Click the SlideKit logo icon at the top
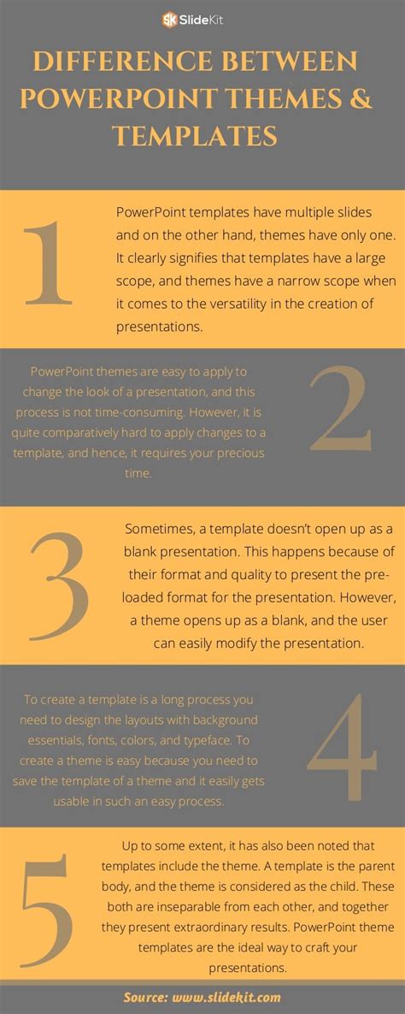[170, 18]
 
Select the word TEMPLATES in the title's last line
[194, 135]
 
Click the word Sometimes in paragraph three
[156, 529]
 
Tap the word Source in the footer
[146, 997]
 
